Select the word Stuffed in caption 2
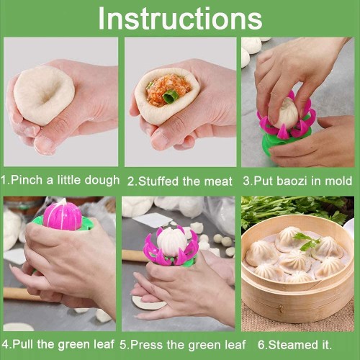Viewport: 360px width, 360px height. pyautogui.click(x=157, y=181)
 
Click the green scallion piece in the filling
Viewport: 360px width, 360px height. pyautogui.click(x=171, y=96)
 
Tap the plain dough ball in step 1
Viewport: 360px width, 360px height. pyautogui.click(x=43, y=94)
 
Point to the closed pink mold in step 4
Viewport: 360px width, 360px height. pyautogui.click(x=63, y=215)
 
